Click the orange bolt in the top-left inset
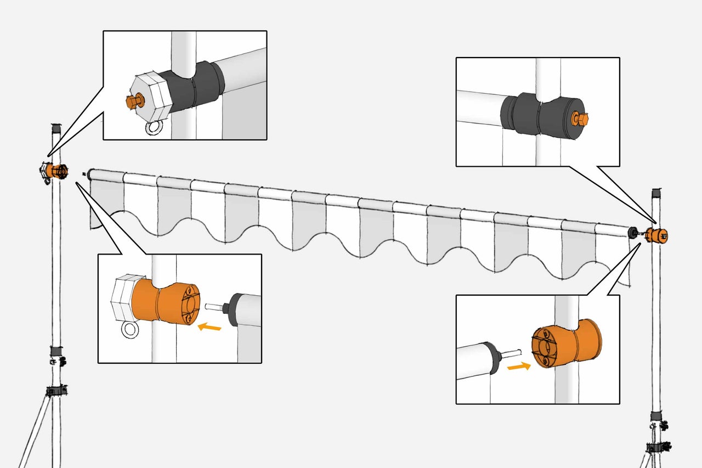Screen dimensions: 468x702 tap(132, 102)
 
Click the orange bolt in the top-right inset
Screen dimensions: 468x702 tap(580, 118)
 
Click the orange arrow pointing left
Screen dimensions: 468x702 tap(209, 327)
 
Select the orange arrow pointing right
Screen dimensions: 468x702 tap(518, 366)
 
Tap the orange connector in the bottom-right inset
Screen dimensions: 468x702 tap(568, 345)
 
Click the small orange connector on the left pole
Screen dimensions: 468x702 tap(56, 171)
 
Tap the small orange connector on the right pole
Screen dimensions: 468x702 tap(656, 235)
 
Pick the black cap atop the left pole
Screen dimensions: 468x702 tap(55, 129)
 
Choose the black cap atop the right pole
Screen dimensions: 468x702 tap(656, 194)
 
